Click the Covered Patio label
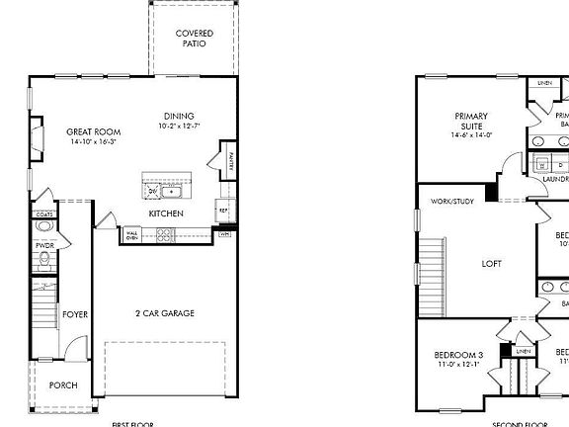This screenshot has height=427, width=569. pyautogui.click(x=194, y=39)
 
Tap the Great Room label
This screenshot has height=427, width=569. pyautogui.click(x=93, y=131)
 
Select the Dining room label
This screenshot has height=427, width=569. pyautogui.click(x=179, y=116)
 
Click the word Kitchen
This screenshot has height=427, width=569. pyautogui.click(x=164, y=213)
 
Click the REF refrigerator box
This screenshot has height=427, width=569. pyautogui.click(x=223, y=210)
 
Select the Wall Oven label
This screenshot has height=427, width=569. pyautogui.click(x=132, y=235)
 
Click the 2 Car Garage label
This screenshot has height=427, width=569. pyautogui.click(x=165, y=313)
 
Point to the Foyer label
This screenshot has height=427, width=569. pyautogui.click(x=75, y=314)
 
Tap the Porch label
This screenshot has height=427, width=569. pyautogui.click(x=63, y=385)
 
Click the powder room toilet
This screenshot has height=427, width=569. pyautogui.click(x=44, y=261)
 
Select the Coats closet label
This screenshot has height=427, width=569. pyautogui.click(x=44, y=213)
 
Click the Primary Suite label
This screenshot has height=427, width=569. pyautogui.click(x=471, y=122)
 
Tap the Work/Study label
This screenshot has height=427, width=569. pyautogui.click(x=450, y=202)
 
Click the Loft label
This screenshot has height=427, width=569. pyautogui.click(x=491, y=264)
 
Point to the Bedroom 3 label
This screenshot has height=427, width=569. pyautogui.click(x=458, y=355)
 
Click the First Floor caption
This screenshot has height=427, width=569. pyautogui.click(x=132, y=423)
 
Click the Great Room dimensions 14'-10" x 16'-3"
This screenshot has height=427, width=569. pyautogui.click(x=93, y=142)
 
